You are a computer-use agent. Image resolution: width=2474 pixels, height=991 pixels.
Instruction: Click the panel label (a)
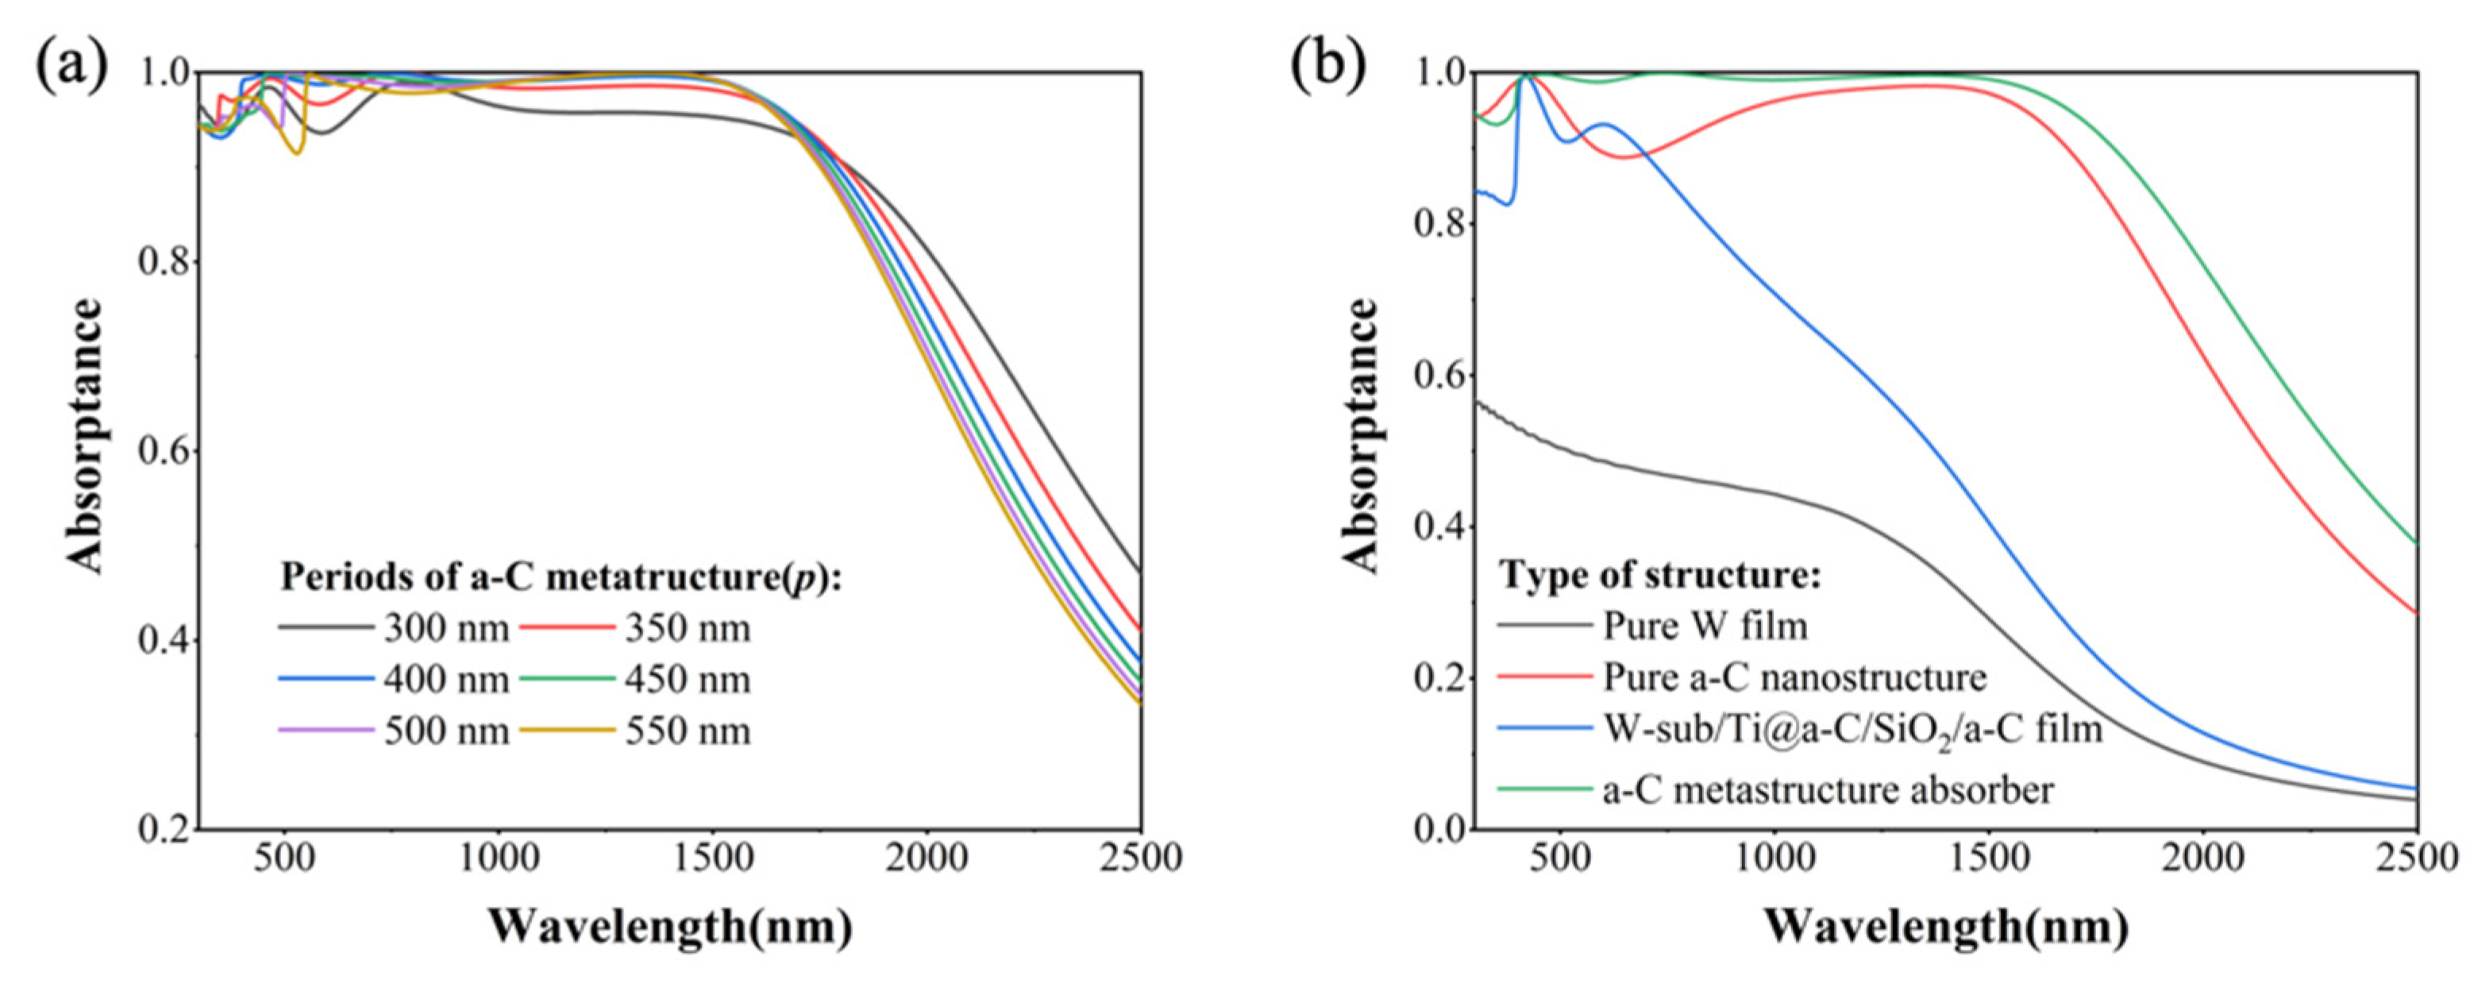(72, 66)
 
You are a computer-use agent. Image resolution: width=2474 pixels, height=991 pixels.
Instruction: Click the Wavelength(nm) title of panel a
(669, 927)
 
